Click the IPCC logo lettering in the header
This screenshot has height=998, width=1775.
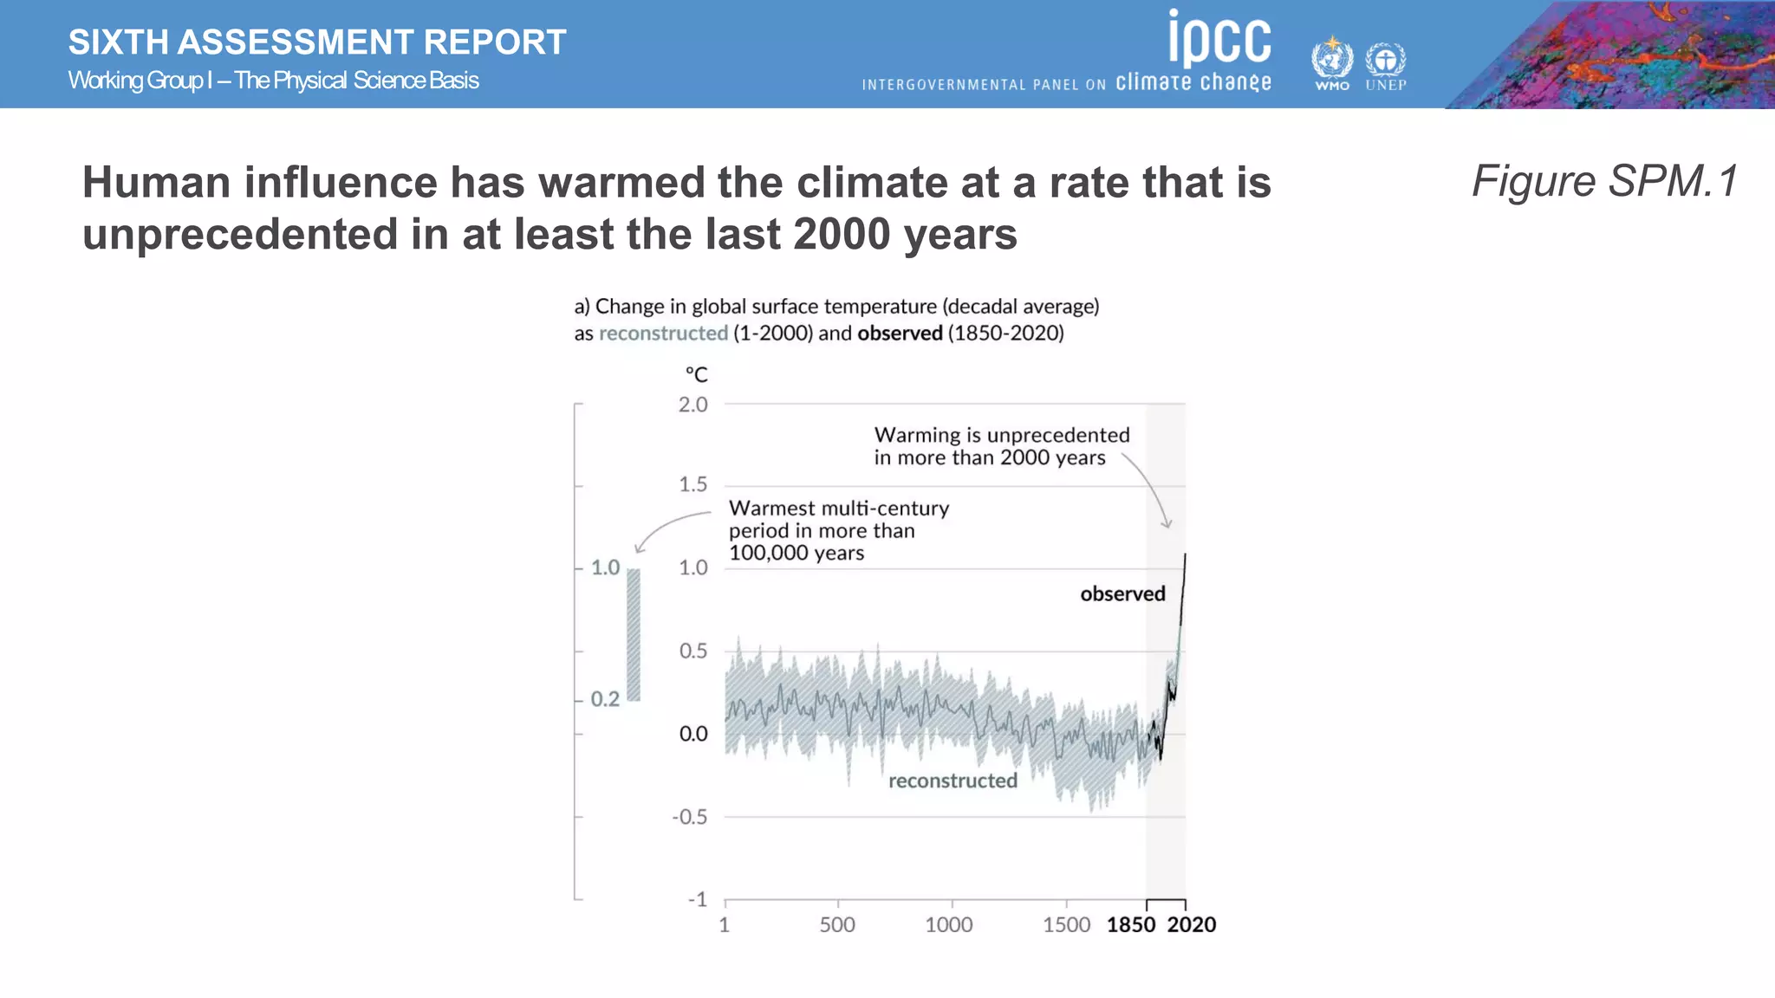click(x=1219, y=39)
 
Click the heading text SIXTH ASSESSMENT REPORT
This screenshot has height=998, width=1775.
click(x=317, y=42)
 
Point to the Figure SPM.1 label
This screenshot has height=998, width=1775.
click(x=1604, y=182)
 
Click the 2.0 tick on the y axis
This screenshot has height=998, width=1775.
click(x=692, y=405)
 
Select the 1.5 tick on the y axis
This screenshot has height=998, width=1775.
click(x=692, y=485)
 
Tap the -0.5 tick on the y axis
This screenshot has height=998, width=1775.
click(x=690, y=818)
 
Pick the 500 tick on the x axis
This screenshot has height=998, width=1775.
click(x=837, y=925)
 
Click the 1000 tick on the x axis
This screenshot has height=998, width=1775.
click(x=949, y=925)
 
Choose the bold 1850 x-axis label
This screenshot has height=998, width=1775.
click(x=1131, y=925)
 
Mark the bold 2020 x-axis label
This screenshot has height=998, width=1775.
click(x=1192, y=925)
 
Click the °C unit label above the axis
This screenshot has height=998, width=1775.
click(x=697, y=375)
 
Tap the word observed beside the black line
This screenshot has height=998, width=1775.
click(x=1122, y=594)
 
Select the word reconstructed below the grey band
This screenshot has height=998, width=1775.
click(x=953, y=781)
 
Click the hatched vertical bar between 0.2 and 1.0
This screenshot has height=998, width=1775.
click(x=634, y=634)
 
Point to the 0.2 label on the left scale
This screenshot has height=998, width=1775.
click(x=605, y=699)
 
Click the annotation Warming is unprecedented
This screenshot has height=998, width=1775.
click(x=1001, y=436)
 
